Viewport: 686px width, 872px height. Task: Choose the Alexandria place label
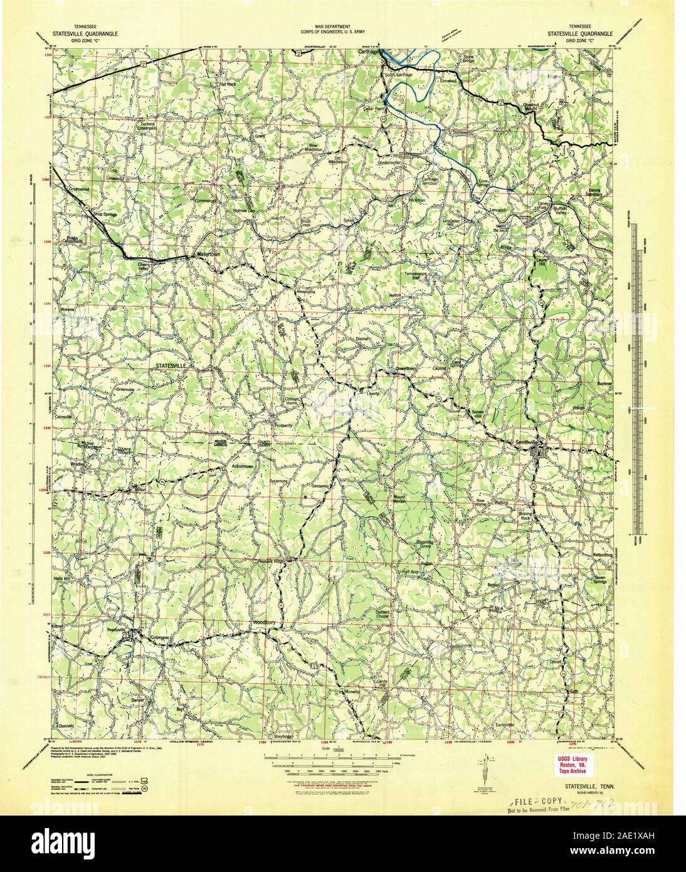coord(305,292)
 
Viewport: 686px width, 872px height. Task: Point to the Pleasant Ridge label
coord(270,560)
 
